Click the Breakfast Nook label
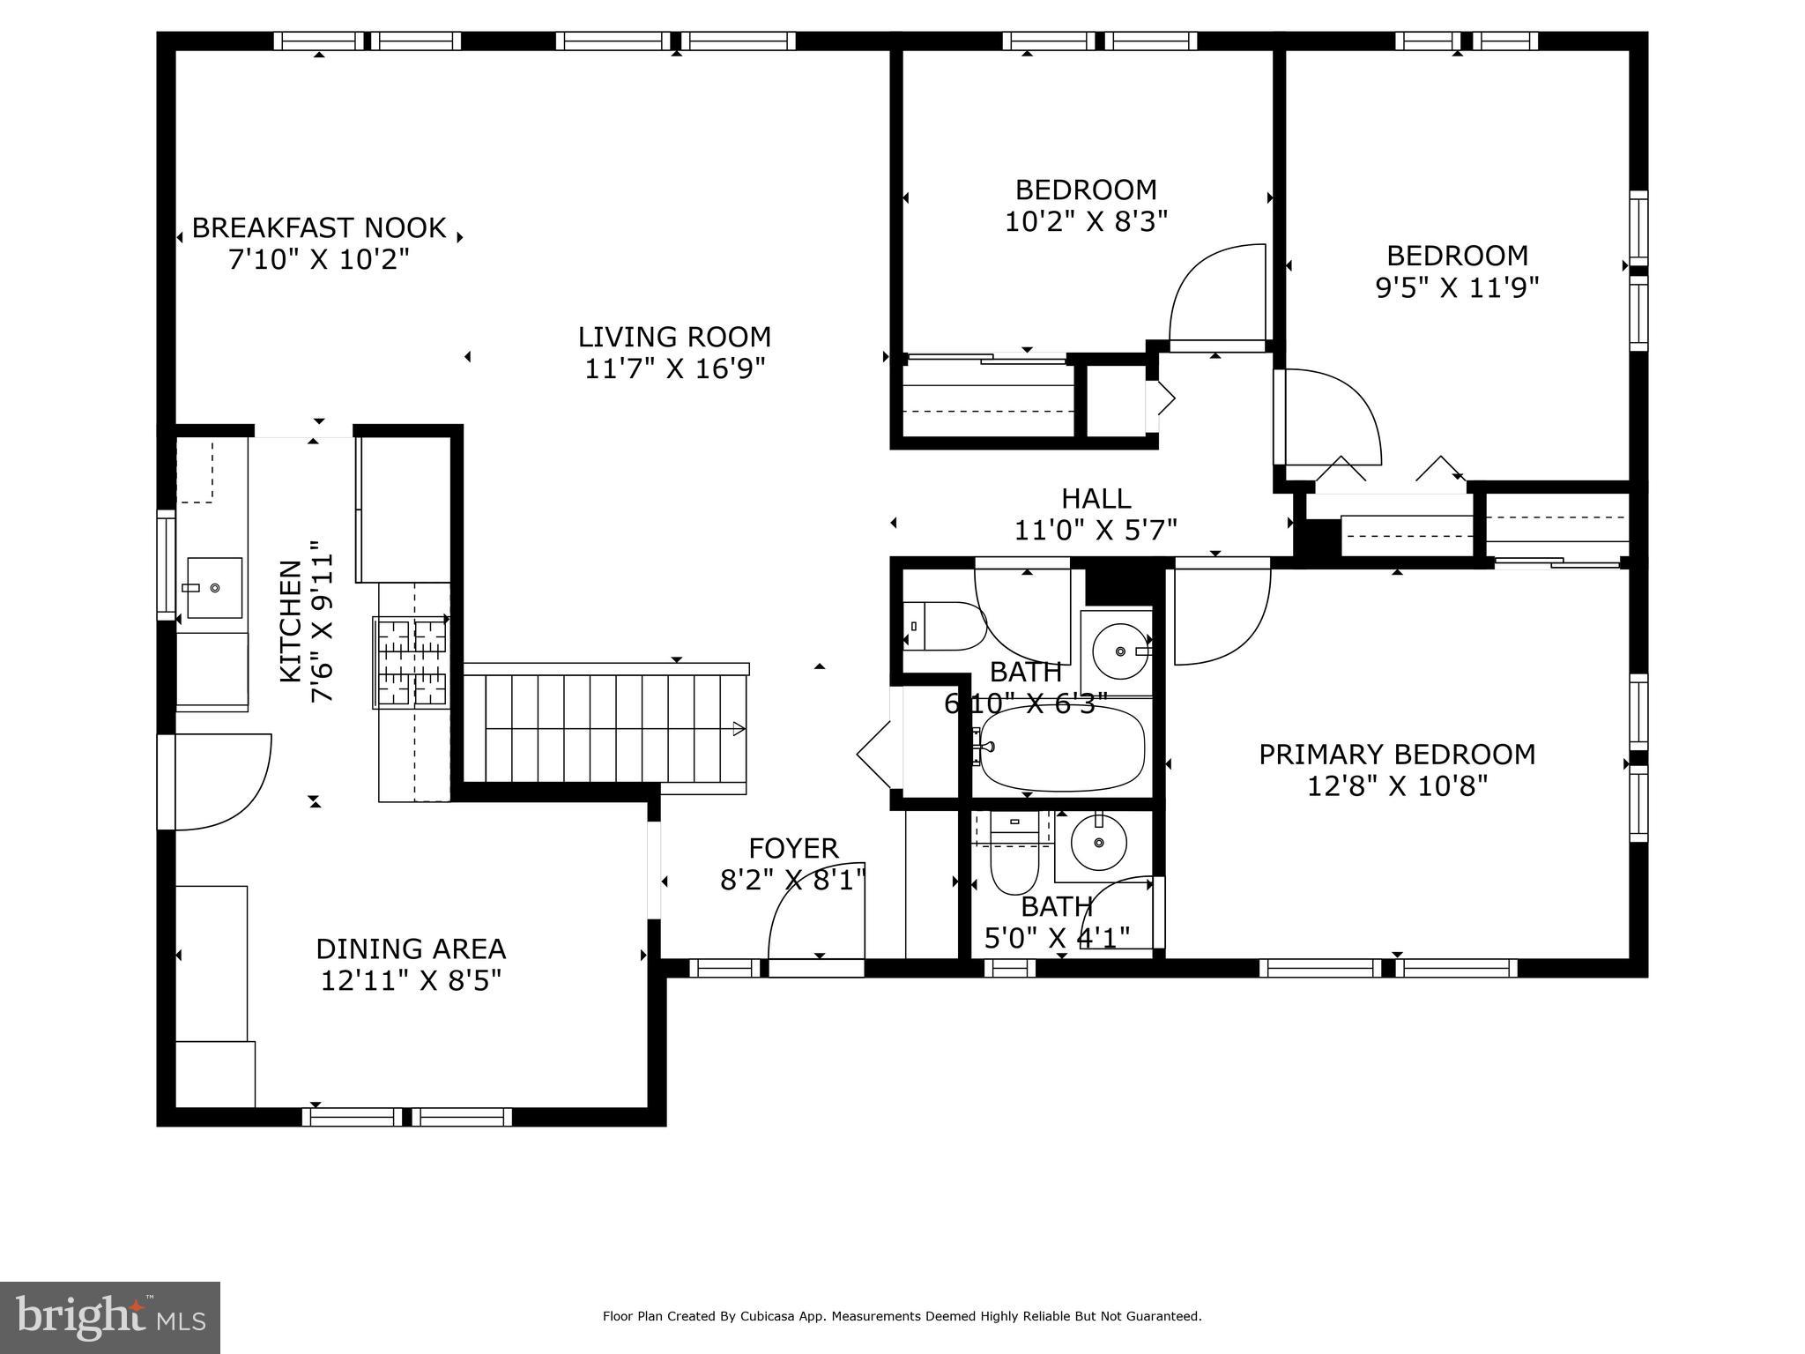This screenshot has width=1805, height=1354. [x=319, y=228]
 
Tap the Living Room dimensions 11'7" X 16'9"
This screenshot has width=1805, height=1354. [x=675, y=368]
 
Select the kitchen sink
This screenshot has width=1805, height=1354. [x=214, y=587]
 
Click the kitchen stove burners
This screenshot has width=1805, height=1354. [x=412, y=662]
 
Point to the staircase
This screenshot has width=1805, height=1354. [x=606, y=728]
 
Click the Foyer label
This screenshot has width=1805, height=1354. [x=793, y=848]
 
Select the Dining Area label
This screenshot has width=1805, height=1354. [x=411, y=949]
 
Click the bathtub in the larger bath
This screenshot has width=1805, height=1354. [x=1061, y=749]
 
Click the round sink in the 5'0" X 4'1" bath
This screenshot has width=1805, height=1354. [x=1099, y=843]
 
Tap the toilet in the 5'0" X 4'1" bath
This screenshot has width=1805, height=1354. [x=1014, y=853]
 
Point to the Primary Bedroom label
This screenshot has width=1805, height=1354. [x=1397, y=755]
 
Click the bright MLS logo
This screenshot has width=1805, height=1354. [x=110, y=1318]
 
